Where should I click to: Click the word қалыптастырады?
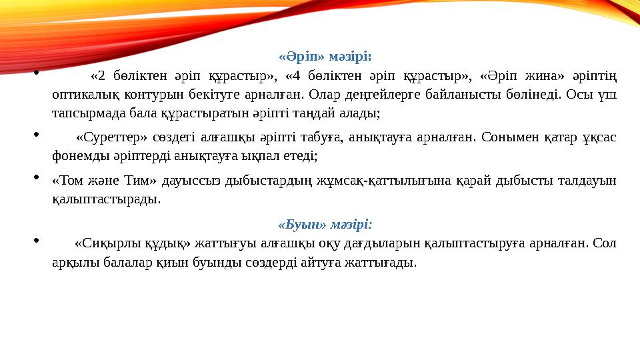[x=106, y=199]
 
